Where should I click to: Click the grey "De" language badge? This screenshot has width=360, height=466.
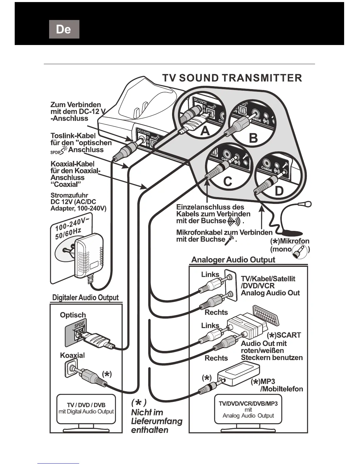click(64, 29)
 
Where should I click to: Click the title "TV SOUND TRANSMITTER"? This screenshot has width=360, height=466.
click(232, 78)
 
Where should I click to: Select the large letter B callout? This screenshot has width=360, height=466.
click(253, 138)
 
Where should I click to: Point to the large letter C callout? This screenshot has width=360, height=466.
click(227, 182)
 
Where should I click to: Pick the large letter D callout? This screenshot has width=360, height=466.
click(279, 191)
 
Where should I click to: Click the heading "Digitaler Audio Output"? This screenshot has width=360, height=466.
click(85, 297)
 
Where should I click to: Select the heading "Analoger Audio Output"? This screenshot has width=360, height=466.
click(233, 260)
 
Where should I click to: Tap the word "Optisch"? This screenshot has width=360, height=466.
click(73, 315)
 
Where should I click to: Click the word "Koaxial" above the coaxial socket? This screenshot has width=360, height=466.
click(72, 355)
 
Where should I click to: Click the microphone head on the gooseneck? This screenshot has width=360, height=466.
click(308, 203)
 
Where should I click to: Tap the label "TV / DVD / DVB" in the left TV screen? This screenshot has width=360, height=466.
click(86, 405)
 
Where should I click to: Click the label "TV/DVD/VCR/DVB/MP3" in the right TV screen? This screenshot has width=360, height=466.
click(248, 403)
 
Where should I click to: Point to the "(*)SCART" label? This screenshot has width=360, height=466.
click(284, 335)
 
